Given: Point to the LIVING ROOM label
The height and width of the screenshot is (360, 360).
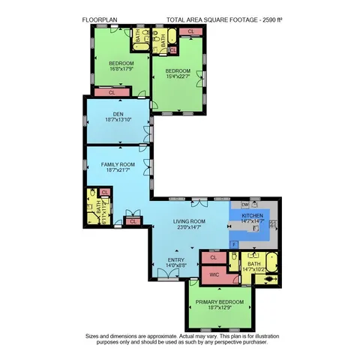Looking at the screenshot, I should [189, 221].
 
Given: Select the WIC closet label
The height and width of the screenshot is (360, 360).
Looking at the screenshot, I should [213, 275].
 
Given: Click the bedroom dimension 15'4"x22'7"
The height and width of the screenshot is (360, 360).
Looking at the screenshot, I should [178, 77].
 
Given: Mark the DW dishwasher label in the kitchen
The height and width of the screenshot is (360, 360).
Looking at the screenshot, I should [245, 204].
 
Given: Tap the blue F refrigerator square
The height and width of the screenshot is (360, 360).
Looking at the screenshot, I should [234, 244].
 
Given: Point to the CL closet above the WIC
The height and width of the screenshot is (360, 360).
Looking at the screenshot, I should [213, 257].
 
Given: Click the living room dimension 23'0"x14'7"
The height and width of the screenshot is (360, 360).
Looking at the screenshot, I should [189, 228].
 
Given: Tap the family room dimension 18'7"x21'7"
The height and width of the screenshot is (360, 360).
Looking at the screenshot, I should [118, 170].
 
